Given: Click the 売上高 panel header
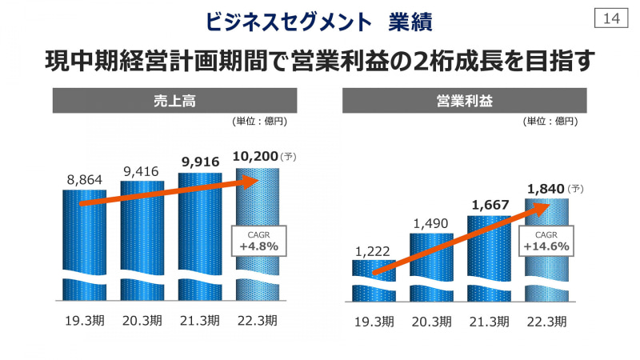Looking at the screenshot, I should [174, 101].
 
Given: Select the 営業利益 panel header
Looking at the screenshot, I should [465, 101].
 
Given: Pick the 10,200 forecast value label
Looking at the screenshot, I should [258, 156].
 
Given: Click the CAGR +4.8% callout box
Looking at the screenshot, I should [258, 240].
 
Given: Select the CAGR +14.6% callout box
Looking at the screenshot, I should [546, 242].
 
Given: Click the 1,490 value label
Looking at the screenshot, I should [430, 223].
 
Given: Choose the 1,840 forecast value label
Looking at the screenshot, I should [546, 188].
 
